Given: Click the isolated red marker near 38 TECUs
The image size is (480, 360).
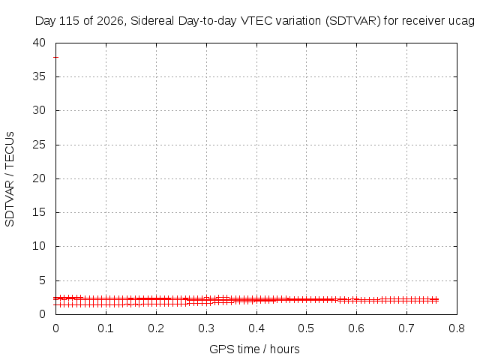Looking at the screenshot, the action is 55,57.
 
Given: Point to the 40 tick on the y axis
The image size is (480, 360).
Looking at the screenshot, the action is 39,43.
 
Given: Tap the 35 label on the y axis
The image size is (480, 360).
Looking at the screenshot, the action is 39,76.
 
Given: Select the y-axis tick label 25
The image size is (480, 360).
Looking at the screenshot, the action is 39,145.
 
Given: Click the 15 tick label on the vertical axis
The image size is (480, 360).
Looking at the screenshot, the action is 39,212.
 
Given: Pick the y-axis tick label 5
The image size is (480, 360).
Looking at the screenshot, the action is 42,280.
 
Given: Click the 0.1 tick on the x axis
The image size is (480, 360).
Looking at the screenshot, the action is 106,328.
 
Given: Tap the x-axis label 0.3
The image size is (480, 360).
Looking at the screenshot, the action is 206,328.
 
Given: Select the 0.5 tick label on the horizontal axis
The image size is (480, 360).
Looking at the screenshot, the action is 306,328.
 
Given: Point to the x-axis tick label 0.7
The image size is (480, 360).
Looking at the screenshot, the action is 406,328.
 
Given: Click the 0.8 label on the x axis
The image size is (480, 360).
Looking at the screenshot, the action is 457,328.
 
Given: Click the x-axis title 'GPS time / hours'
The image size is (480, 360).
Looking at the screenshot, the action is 254,349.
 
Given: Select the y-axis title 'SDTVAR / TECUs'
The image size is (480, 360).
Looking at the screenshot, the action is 10,179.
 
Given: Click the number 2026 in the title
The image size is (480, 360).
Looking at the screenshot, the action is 110,21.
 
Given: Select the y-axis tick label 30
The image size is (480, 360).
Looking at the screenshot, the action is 39,110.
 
